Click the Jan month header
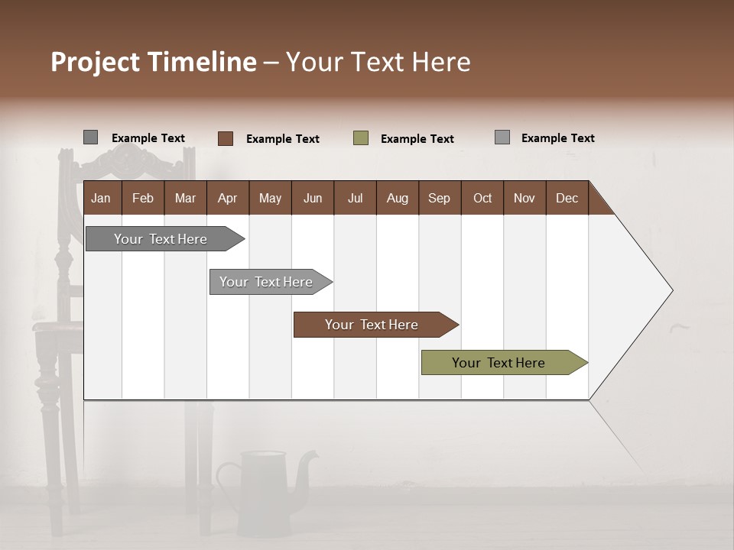click(102, 198)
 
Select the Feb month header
click(143, 198)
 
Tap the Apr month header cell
click(228, 198)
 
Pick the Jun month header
click(313, 198)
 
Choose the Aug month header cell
click(398, 198)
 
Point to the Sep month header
click(440, 198)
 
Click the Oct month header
click(482, 198)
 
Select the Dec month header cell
click(567, 198)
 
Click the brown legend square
click(226, 138)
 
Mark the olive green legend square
click(361, 138)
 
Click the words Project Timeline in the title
click(154, 62)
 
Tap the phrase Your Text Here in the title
click(378, 62)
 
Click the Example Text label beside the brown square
click(283, 139)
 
